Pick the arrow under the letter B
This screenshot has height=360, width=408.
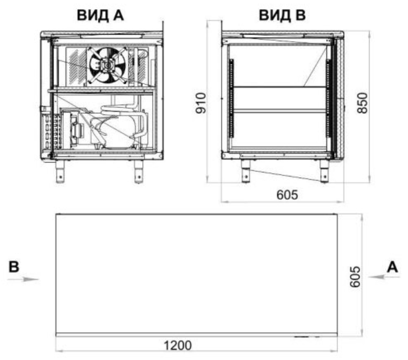click(23, 279)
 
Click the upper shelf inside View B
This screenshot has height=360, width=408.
click(277, 88)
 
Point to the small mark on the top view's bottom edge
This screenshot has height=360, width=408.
click(302, 336)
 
